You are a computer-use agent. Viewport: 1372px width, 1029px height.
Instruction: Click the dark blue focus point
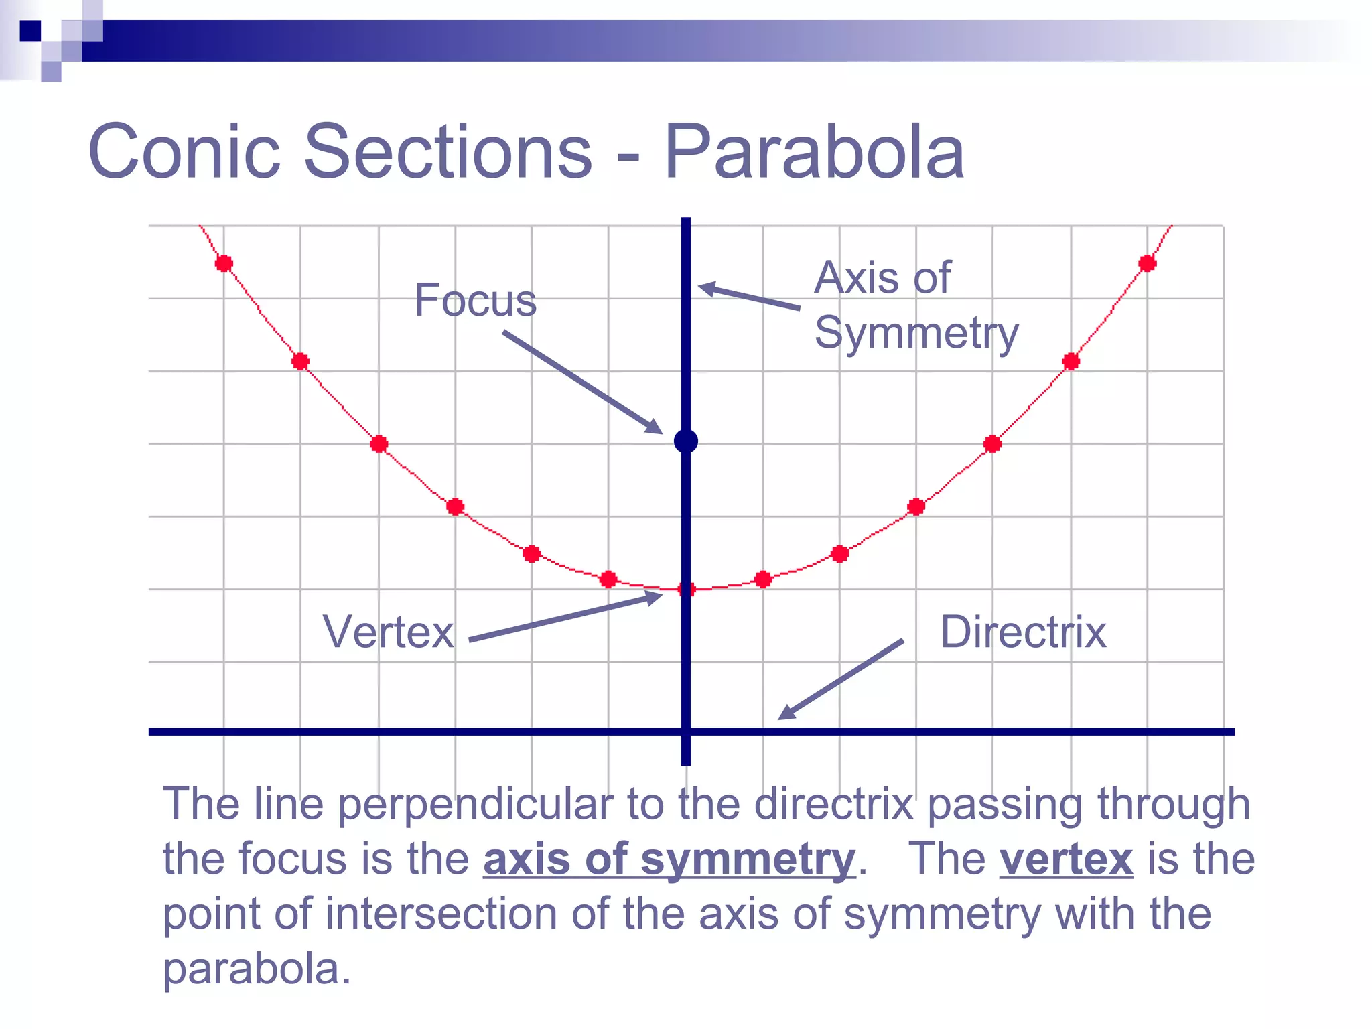tap(685, 441)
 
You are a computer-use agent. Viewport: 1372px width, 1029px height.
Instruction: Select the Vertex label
tap(388, 632)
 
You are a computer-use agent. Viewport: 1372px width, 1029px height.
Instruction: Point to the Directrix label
tap(1023, 632)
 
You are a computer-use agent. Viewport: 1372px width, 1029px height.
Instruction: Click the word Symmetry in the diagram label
tap(916, 333)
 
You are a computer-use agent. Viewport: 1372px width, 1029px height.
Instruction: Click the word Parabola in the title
tap(813, 152)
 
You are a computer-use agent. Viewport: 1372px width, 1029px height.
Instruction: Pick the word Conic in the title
tap(184, 152)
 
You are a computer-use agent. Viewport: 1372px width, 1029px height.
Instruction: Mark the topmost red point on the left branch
tap(224, 263)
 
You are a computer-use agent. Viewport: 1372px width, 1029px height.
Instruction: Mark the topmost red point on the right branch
tap(1147, 263)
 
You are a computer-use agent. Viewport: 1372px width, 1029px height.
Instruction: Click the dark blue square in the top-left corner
tap(30, 31)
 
